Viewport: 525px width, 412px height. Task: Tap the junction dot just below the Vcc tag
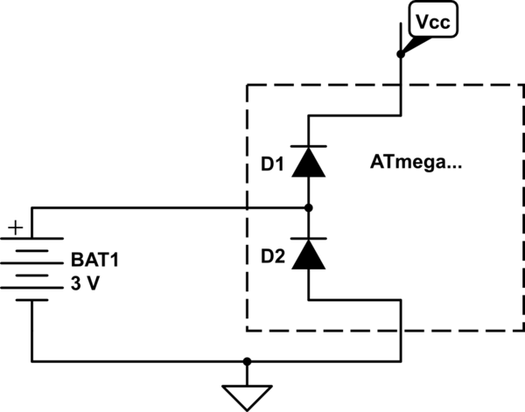(x=400, y=54)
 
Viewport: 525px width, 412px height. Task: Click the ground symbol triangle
(x=248, y=395)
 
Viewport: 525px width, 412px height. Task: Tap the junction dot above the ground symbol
(x=248, y=360)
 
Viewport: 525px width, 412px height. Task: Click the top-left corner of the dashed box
(x=248, y=85)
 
